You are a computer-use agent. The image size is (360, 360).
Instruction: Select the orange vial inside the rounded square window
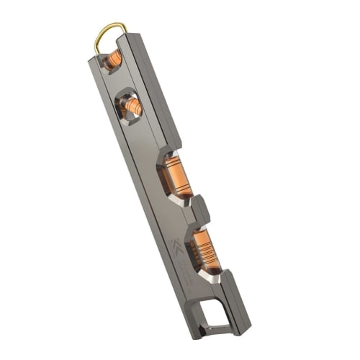point(132,107)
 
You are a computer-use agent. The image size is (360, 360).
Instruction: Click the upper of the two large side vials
point(175,176)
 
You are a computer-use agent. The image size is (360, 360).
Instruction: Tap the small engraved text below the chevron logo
point(184,269)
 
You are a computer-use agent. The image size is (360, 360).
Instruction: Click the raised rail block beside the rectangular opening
point(237,295)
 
